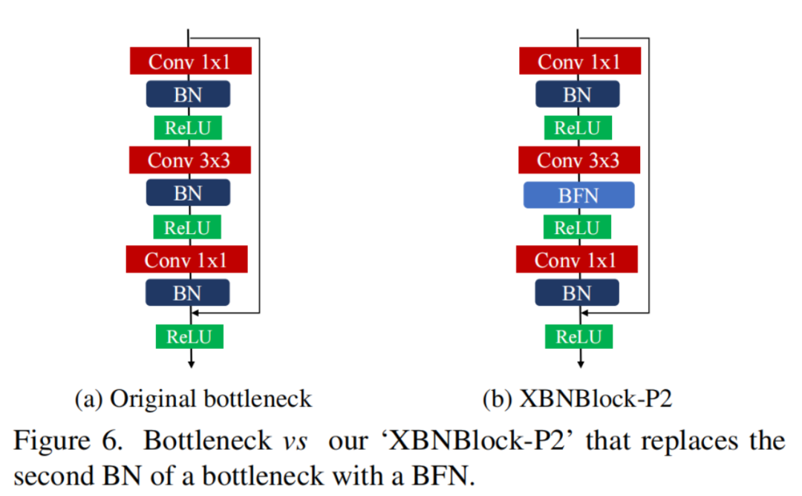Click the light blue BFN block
pyautogui.click(x=578, y=195)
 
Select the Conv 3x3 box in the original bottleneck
pyautogui.click(x=190, y=160)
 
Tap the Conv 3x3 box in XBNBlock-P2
pyautogui.click(x=578, y=160)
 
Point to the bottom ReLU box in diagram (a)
pyautogui.click(x=189, y=336)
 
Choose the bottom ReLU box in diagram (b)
pyautogui.click(x=578, y=336)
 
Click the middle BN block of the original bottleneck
pyautogui.click(x=188, y=193)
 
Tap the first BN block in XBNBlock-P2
pyautogui.click(x=577, y=94)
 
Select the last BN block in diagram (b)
pyautogui.click(x=577, y=293)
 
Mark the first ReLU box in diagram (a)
pyautogui.click(x=188, y=128)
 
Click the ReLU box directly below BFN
pyautogui.click(x=577, y=227)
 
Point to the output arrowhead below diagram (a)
pyautogui.click(x=192, y=363)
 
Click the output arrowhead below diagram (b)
pyautogui.click(x=581, y=363)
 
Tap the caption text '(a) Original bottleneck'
pyautogui.click(x=193, y=399)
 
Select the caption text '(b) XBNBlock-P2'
pyautogui.click(x=577, y=399)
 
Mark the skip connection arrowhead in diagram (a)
pyautogui.click(x=195, y=313)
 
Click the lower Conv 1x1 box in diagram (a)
pyautogui.click(x=186, y=260)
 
